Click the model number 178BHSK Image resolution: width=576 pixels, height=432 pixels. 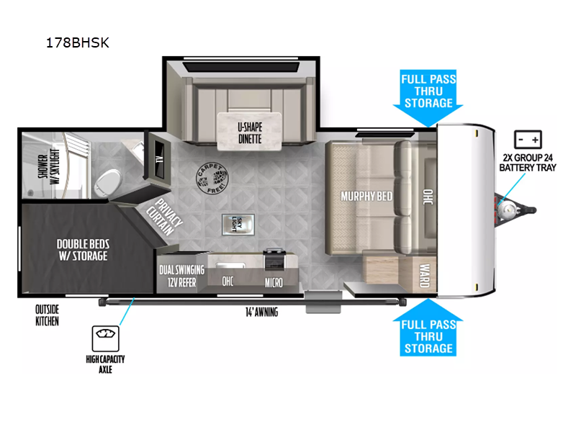[78, 43]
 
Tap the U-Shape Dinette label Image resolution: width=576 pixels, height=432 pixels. [250, 133]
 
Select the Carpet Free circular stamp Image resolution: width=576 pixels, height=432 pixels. [212, 178]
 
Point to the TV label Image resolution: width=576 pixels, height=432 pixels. [159, 160]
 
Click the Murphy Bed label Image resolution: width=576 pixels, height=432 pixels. [366, 197]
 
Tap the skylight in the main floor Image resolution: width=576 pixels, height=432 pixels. [238, 225]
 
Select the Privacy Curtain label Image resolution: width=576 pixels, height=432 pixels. [165, 217]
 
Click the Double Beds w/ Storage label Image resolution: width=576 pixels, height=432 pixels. [83, 250]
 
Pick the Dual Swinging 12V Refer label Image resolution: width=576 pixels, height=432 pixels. [182, 276]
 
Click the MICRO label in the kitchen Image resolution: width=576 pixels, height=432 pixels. [274, 282]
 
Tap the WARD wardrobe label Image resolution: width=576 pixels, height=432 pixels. [425, 276]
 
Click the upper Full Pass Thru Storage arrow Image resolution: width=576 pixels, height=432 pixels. [428, 97]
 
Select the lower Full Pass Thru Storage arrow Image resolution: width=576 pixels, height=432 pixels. [428, 328]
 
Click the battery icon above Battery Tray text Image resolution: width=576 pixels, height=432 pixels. [528, 140]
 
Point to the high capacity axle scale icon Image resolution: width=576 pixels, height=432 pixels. [105, 338]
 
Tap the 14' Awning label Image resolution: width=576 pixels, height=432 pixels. [261, 312]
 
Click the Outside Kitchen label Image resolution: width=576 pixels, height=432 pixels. [47, 315]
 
